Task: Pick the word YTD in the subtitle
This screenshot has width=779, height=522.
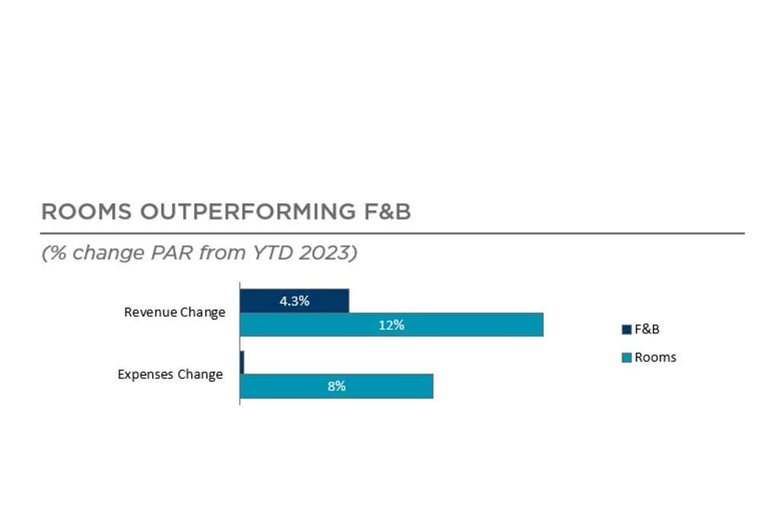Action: coord(269,253)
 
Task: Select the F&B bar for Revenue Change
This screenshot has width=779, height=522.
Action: coord(294,301)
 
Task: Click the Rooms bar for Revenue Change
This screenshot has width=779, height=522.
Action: coord(391,325)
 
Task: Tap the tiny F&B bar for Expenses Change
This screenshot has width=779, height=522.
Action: coord(242,362)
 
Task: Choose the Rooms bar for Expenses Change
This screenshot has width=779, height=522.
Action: coord(336,386)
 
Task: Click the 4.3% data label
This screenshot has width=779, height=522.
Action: coord(294,301)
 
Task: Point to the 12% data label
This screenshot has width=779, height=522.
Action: coord(391,325)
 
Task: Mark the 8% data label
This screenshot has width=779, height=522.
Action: coord(336,386)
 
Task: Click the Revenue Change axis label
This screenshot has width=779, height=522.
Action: coord(174,312)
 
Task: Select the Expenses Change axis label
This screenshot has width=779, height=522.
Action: coord(170,374)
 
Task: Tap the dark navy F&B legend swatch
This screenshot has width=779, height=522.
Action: coord(627,329)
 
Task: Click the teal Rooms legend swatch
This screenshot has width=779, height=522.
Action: coord(627,358)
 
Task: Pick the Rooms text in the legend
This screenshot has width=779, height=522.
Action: coord(655,358)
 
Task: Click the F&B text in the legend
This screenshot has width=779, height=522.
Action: coord(647,329)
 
